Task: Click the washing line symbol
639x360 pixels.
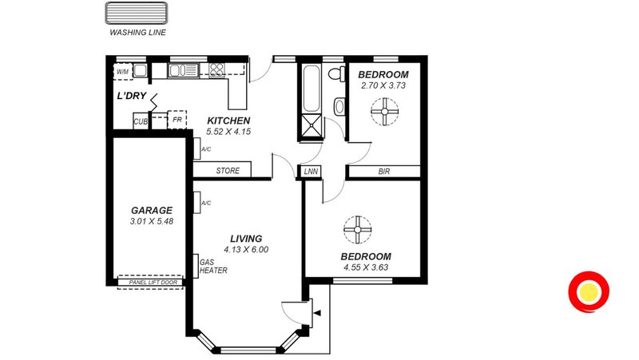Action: coord(136,13)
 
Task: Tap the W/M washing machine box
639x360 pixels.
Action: coord(123,72)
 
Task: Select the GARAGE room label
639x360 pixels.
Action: coord(152,210)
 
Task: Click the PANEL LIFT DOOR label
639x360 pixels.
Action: coord(153,283)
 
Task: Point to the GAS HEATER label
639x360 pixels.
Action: coord(213,267)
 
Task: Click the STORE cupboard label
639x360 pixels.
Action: coord(228,171)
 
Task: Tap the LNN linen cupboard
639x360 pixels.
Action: coord(311,172)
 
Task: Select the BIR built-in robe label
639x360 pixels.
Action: coord(384,172)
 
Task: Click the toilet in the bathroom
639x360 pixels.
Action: coord(336,74)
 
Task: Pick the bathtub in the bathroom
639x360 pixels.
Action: coord(311,89)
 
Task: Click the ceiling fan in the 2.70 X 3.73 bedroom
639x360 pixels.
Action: coord(384,112)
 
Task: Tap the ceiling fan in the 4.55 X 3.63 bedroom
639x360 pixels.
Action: coord(357,230)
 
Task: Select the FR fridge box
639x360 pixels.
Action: coord(177,120)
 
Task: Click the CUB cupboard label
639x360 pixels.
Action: coord(141,121)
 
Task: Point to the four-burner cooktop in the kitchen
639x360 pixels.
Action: coord(216,70)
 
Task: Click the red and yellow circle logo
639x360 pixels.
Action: coord(589,292)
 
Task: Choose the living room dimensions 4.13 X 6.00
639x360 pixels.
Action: coord(246,250)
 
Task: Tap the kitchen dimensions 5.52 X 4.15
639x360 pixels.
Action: coord(228,132)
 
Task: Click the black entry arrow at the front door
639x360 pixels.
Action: coord(317,313)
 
